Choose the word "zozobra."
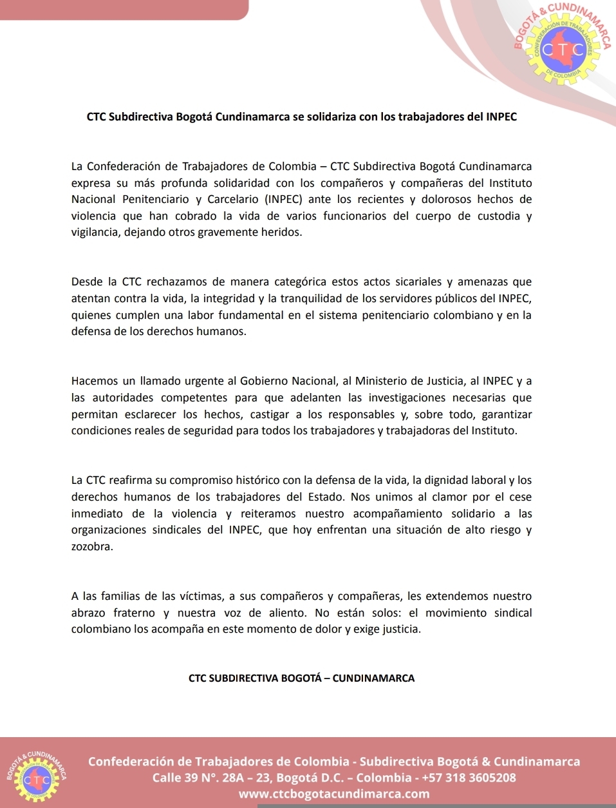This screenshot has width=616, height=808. click(92, 546)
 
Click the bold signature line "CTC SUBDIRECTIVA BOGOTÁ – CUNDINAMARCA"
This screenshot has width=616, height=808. click(301, 678)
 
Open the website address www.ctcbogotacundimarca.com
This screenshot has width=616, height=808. click(334, 794)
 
